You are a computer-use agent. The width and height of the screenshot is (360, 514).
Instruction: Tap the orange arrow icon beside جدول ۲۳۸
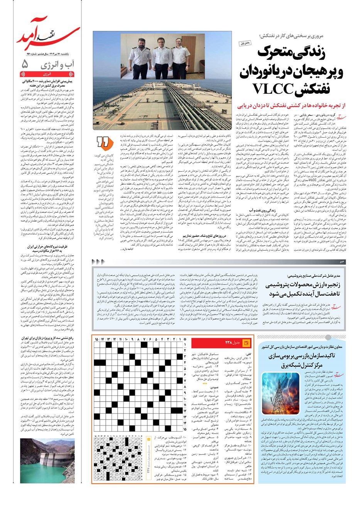[x=247, y=343]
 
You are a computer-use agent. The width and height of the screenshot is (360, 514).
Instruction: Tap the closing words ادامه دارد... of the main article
[x=128, y=249]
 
